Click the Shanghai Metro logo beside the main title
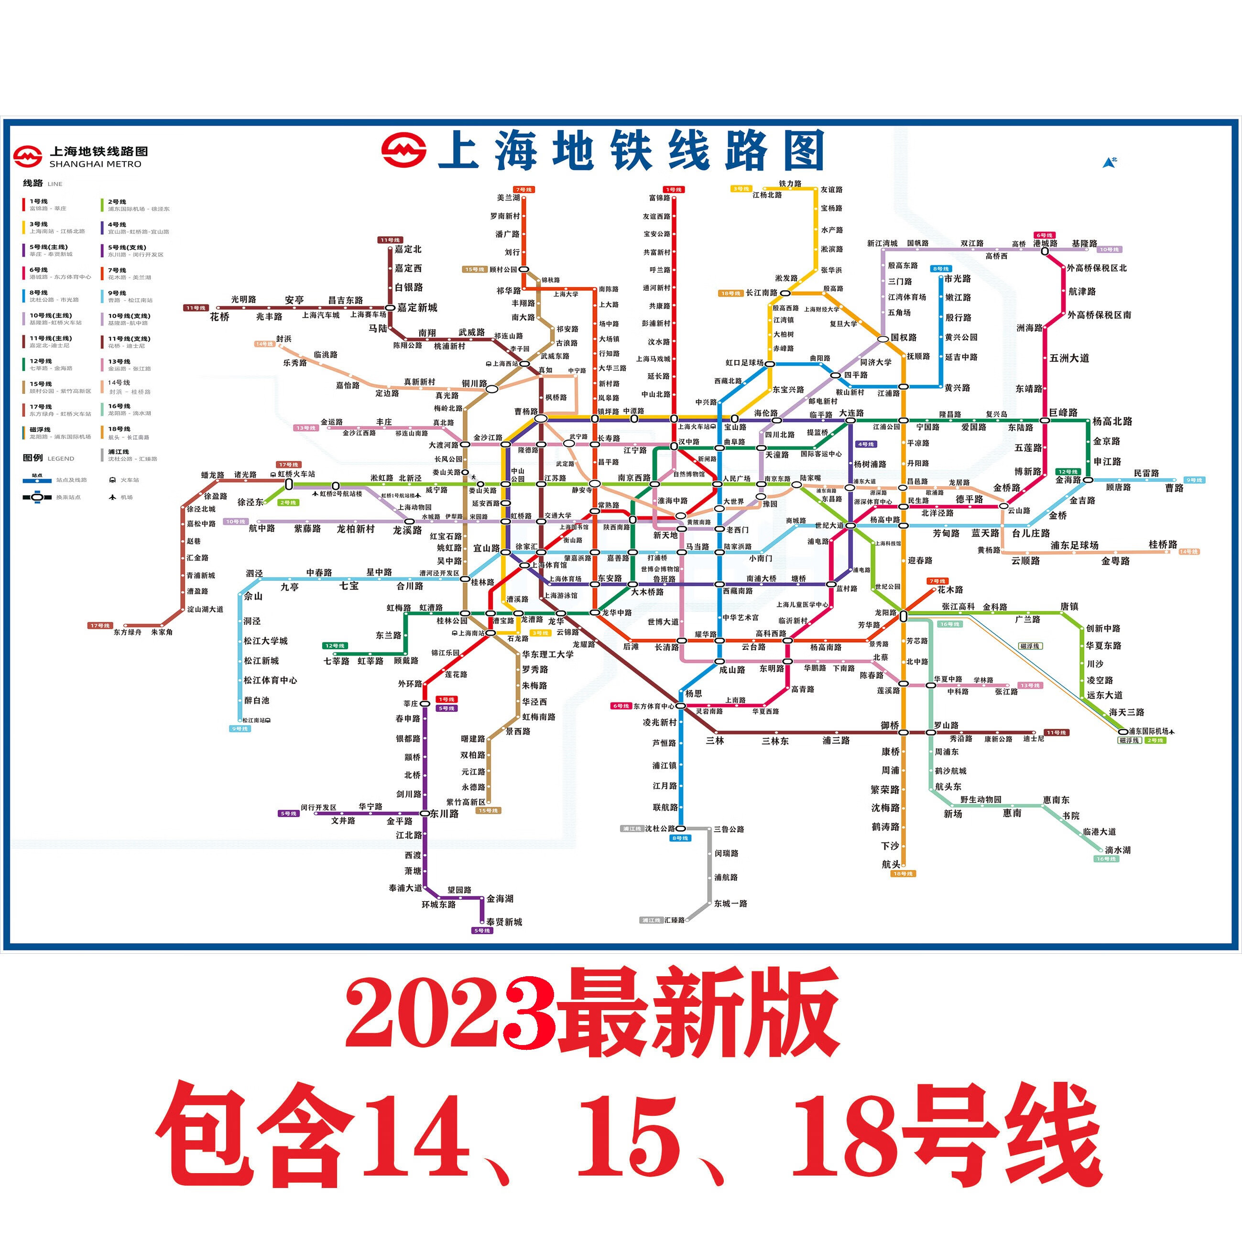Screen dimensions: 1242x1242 point(403,152)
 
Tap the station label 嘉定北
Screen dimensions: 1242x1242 point(408,250)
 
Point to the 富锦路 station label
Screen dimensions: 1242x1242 point(660,198)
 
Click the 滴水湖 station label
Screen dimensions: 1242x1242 point(1117,850)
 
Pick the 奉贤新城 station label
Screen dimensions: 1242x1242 point(504,922)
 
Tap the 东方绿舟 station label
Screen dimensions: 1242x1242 point(127,632)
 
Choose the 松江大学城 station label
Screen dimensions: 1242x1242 point(265,641)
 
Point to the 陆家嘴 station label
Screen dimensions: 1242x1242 point(811,478)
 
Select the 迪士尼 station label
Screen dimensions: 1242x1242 point(1034,739)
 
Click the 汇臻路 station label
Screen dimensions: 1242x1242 point(675,920)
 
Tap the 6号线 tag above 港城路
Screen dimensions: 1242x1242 point(1044,235)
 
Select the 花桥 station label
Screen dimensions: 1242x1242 point(220,317)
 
